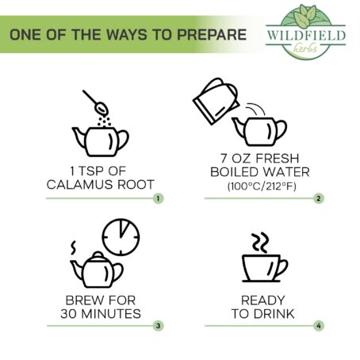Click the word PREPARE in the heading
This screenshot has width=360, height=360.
click(x=212, y=35)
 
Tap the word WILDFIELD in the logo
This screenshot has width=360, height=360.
click(x=306, y=35)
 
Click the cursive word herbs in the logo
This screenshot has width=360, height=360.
click(x=305, y=48)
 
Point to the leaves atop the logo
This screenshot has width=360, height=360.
click(x=305, y=16)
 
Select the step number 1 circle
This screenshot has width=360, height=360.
click(x=158, y=198)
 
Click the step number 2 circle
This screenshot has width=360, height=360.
click(x=319, y=198)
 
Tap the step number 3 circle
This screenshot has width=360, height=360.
click(x=158, y=326)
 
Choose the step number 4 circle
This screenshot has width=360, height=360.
click(x=319, y=326)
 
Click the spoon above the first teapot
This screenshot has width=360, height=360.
click(x=95, y=102)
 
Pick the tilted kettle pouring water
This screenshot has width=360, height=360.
click(x=216, y=101)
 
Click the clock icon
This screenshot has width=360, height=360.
click(x=121, y=237)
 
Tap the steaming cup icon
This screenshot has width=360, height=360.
click(x=265, y=268)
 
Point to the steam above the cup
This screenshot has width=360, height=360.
click(x=260, y=243)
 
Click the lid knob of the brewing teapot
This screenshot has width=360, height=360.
click(x=98, y=254)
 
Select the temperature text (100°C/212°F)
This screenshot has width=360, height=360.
click(x=262, y=186)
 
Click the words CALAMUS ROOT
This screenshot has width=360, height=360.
click(x=101, y=185)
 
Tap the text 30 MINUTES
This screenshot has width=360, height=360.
click(x=101, y=314)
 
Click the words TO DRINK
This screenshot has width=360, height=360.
click(x=262, y=314)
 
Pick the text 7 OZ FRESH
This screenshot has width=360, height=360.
click(x=260, y=159)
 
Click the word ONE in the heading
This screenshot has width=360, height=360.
click(x=26, y=35)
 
